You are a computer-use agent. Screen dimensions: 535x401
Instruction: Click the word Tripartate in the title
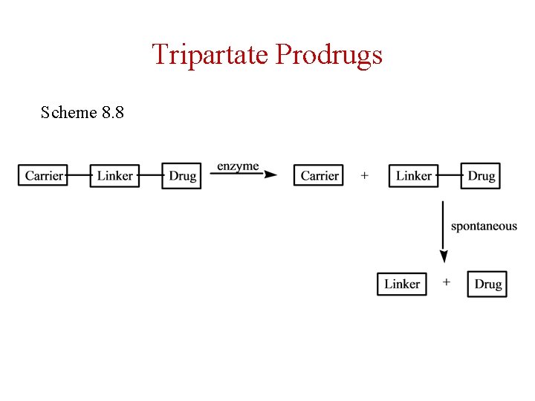210,54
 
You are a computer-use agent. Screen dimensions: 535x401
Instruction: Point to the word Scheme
69,113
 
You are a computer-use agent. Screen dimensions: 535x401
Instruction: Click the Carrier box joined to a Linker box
44,176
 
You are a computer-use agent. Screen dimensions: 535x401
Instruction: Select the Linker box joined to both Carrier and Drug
115,176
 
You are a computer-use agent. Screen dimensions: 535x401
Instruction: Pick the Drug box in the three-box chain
182,176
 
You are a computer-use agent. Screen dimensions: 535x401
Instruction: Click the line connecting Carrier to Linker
78,176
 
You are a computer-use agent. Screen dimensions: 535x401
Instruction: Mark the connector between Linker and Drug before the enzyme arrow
151,176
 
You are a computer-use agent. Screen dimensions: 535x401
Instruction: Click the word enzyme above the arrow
238,166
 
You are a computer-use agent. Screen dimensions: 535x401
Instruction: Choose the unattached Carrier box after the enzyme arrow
320,176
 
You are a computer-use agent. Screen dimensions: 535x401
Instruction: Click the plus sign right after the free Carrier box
364,176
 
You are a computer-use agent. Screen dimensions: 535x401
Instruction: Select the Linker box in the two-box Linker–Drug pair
413,176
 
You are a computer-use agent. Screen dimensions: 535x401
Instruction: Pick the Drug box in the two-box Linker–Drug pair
481,176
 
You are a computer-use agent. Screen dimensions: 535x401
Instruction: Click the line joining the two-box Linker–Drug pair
450,176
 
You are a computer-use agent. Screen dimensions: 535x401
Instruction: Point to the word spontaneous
484,226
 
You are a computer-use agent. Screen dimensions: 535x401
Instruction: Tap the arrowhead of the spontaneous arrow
444,257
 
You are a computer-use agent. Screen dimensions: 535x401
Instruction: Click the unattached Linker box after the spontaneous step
402,284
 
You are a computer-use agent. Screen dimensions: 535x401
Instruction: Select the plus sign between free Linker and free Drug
447,282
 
